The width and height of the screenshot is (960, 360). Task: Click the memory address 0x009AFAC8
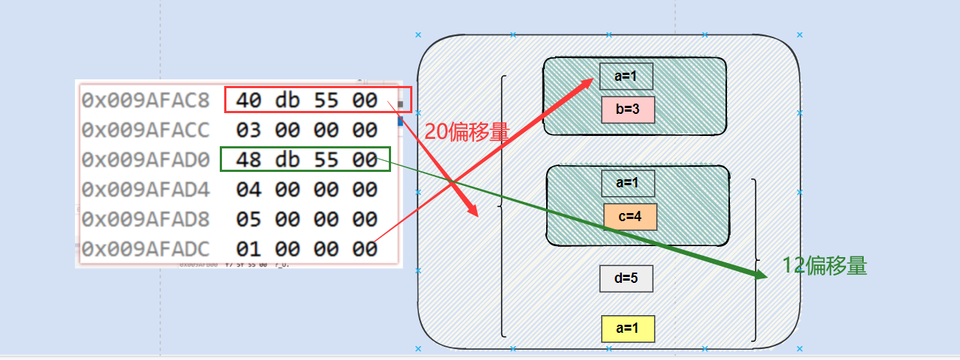146,100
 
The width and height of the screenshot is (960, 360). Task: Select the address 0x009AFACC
146,130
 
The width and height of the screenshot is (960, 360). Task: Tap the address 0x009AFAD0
146,159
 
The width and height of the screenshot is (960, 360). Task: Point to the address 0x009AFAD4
146,190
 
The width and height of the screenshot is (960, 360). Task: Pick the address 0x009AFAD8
146,219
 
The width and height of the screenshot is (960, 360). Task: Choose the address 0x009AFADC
146,249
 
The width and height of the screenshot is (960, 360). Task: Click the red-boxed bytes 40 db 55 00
307,100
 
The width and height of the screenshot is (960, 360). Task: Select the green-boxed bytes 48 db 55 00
307,159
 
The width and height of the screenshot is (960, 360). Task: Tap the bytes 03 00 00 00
307,130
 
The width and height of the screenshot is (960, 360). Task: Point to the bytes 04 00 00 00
307,190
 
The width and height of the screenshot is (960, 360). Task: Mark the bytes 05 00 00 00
307,219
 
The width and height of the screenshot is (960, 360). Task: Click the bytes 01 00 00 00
307,249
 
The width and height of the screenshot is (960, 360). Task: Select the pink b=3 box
627,109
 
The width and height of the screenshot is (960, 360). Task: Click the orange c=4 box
630,217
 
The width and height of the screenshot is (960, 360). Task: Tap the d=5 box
626,278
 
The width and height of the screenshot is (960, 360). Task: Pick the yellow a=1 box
627,328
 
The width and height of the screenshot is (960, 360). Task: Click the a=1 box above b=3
626,76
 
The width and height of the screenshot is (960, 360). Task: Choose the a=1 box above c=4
627,183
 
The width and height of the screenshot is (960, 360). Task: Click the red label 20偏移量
467,132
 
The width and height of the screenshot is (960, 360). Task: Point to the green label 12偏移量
824,266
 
